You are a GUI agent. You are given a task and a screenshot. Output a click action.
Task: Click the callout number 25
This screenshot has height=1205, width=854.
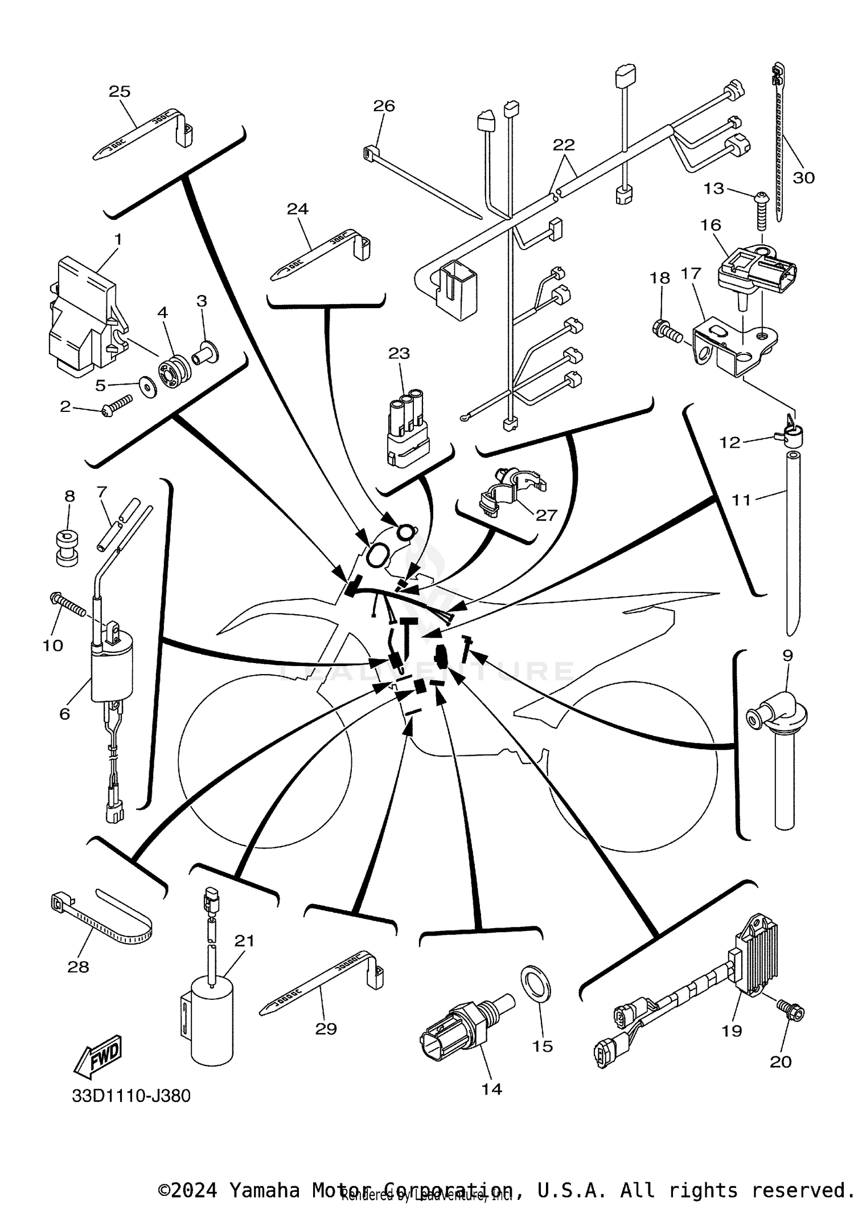[x=120, y=92]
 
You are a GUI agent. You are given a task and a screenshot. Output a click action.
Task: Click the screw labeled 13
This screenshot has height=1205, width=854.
[x=762, y=211]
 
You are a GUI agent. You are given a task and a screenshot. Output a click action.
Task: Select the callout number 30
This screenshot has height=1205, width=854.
[x=803, y=178]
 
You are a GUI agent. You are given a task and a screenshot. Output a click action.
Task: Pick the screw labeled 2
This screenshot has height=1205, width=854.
[x=117, y=405]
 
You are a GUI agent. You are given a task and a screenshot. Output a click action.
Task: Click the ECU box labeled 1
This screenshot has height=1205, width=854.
[x=85, y=316]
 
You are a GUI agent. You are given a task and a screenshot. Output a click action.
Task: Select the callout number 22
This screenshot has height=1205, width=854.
[x=564, y=145]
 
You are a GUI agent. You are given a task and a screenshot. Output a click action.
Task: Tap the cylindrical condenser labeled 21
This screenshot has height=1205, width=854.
[x=212, y=1018]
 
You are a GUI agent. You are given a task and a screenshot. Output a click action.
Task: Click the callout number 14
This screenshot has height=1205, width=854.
[x=491, y=1089]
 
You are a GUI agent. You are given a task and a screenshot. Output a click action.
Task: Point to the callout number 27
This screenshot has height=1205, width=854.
[x=545, y=515]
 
